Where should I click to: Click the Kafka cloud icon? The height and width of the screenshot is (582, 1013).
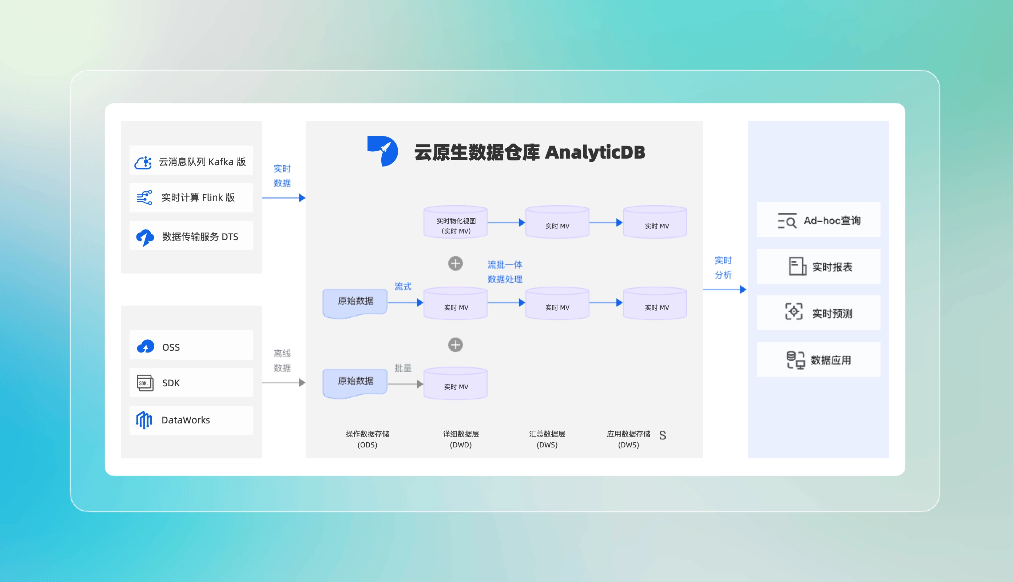pos(143,162)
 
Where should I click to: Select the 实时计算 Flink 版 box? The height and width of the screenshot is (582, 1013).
pos(191,198)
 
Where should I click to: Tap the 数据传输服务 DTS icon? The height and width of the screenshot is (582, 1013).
pos(145,237)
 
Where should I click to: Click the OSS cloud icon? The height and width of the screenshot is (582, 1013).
pos(146,347)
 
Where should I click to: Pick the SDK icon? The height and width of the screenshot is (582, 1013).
pos(145,383)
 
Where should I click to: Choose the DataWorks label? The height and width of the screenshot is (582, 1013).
pos(186,420)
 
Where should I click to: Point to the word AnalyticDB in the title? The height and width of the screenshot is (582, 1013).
pos(595,152)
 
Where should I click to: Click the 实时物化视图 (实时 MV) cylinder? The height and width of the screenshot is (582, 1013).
pos(455,222)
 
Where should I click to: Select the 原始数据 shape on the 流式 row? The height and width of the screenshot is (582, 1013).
pos(355,303)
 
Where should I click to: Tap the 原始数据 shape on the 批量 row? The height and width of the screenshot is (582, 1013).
pos(355,383)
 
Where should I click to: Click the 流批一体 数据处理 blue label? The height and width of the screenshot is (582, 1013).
pos(505,272)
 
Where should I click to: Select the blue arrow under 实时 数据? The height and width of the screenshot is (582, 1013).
pos(283,198)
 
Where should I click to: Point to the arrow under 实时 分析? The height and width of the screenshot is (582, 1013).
pos(724,290)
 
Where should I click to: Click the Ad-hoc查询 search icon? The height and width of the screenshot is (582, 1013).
pos(787,221)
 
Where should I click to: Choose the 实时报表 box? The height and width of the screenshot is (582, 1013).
pos(818,267)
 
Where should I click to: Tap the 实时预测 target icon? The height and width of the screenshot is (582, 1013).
pos(794,312)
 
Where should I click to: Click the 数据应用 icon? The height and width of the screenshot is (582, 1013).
pos(795,360)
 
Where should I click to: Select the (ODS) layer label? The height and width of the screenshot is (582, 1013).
pos(367,445)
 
